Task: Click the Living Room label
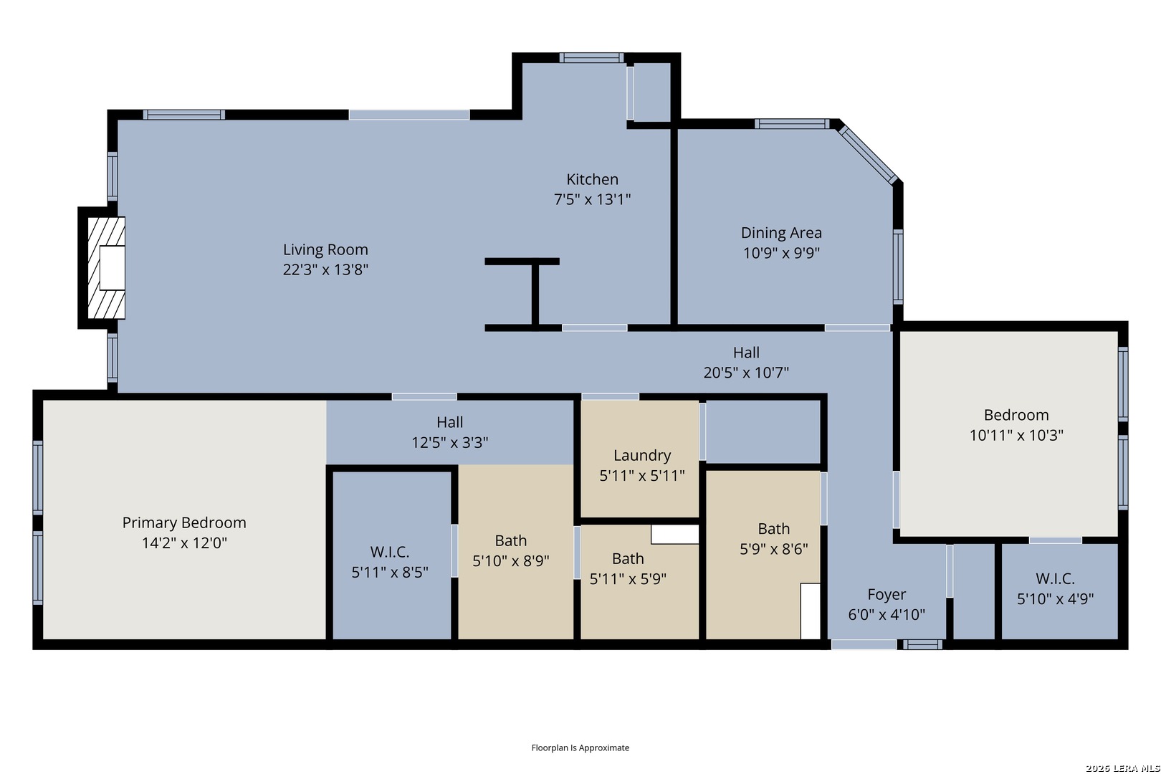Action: tap(325, 250)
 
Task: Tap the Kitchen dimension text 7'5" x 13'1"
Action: tap(593, 199)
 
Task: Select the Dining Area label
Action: tap(781, 233)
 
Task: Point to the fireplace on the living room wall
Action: tap(106, 267)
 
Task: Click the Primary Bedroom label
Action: tap(184, 522)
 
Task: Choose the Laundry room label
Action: tap(642, 456)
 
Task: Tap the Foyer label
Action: tap(887, 595)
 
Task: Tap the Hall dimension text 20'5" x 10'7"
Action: tap(746, 373)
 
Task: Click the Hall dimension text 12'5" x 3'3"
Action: tap(450, 443)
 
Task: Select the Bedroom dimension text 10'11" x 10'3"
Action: tap(1016, 436)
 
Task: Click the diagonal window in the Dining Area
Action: tap(868, 155)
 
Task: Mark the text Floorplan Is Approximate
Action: tap(580, 747)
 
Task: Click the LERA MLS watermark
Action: tap(1122, 768)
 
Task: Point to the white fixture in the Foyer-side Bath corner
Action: tap(810, 611)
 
